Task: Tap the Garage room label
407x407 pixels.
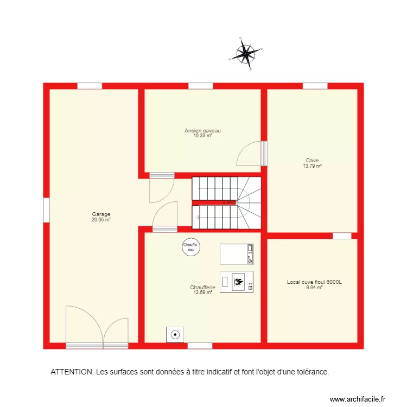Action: tap(101, 214)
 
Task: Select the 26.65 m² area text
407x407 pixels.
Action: tap(101, 220)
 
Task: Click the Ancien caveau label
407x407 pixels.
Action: tap(202, 131)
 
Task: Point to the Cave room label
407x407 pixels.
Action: tap(312, 161)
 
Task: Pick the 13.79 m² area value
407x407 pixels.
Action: tap(312, 166)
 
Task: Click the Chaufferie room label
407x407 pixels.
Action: tap(202, 287)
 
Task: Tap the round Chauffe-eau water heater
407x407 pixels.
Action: tap(191, 247)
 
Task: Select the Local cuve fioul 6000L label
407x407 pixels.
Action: tap(314, 282)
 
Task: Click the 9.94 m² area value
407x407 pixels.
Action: tap(314, 288)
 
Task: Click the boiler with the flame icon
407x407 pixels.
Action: tap(236, 281)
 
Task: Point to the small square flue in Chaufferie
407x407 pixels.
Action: tap(175, 334)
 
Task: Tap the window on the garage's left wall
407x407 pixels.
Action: tap(46, 210)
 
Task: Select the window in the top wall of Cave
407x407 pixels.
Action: tap(315, 86)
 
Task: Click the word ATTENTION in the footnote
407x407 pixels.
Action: tap(72, 372)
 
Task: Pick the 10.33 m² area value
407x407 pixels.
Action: tap(202, 136)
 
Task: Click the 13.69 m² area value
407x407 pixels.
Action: tap(202, 292)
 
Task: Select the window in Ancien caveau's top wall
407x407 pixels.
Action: tap(200, 86)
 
